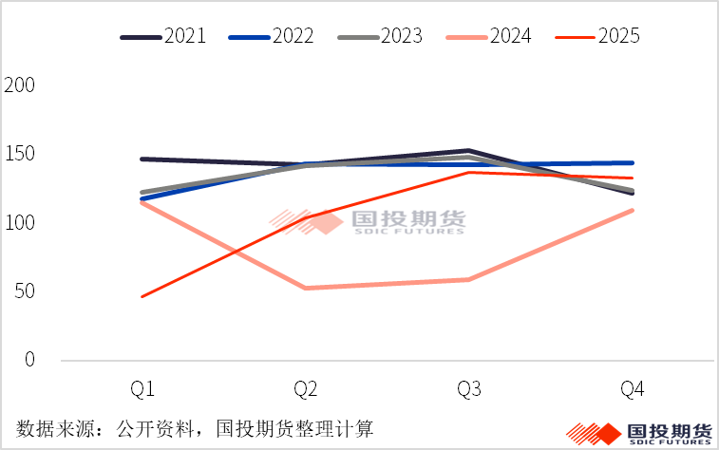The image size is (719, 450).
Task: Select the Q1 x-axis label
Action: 142,390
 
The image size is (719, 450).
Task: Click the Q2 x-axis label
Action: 306,390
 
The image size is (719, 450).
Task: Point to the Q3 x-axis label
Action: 469,390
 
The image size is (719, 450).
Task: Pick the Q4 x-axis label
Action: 633,390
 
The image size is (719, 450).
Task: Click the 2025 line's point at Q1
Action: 142,296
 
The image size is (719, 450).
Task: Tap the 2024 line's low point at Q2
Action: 306,288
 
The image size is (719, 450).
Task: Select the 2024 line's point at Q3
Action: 469,279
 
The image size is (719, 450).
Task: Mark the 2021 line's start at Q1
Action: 142,159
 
